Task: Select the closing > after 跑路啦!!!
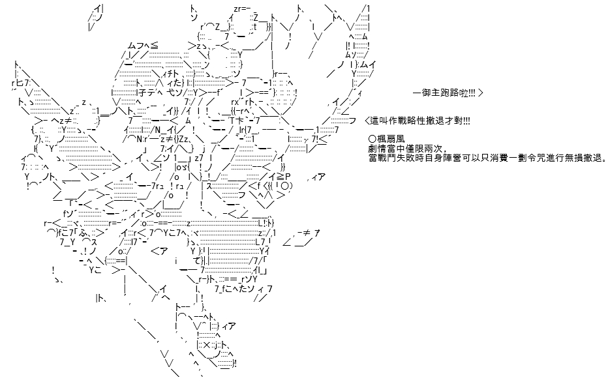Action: pos(481,93)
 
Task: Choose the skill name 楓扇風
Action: pos(389,139)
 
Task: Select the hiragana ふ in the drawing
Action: pos(83,233)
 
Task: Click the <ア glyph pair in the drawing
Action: pos(159,252)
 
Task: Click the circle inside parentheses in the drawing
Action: pos(284,186)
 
